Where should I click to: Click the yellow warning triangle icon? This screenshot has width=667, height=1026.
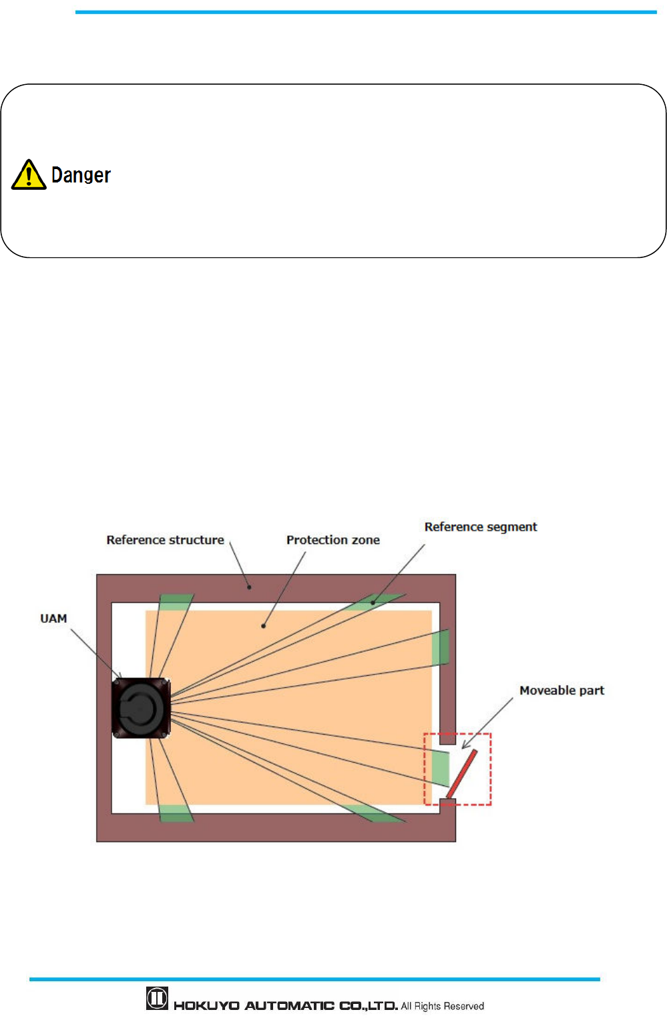coord(29,175)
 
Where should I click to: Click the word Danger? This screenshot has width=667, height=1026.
coord(81,175)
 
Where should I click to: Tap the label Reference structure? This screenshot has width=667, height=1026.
coord(165,540)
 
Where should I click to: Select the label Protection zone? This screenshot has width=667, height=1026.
coord(332,540)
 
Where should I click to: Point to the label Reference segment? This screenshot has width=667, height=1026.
coord(480,527)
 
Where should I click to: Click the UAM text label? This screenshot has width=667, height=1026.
coord(53,619)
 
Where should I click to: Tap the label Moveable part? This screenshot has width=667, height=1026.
coord(562,690)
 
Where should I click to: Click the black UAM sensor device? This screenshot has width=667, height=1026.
coord(141,708)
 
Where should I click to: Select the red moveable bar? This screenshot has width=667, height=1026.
coord(461,774)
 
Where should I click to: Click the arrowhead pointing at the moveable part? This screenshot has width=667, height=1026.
coord(465,745)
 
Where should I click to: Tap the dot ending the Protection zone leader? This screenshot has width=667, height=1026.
coord(264,626)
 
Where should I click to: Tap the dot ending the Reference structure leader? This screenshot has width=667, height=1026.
coord(250,588)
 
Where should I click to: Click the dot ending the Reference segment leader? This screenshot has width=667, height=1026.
coord(373,603)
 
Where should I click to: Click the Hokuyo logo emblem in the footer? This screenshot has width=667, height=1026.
coord(157,999)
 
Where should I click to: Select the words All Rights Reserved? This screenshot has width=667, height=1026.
coord(442,1006)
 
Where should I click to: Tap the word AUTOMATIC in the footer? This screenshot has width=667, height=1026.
coord(289,1006)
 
